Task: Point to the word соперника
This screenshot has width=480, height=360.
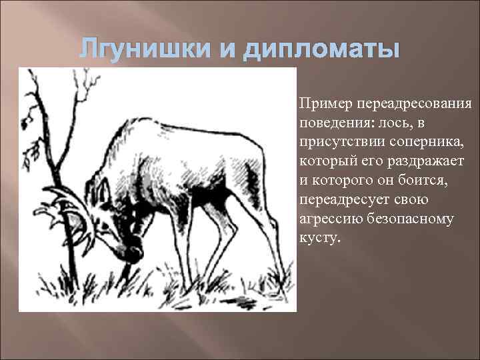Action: [411, 142]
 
